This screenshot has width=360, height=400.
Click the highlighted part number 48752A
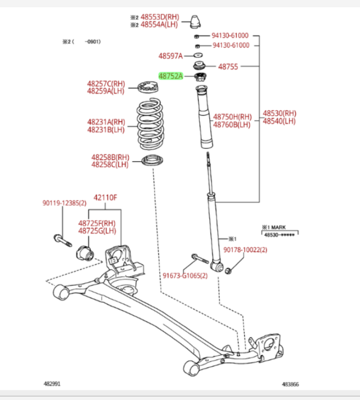[170, 75]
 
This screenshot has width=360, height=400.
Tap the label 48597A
[170, 56]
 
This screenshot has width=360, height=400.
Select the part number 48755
[228, 66]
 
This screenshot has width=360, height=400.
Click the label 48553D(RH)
[159, 17]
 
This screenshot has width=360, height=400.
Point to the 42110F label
[105, 197]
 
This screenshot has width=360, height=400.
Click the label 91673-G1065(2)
[185, 276]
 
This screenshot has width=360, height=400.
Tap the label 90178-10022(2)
[245, 249]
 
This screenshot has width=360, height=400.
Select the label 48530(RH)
[279, 113]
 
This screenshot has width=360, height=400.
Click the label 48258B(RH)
[110, 157]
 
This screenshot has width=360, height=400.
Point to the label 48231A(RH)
[106, 122]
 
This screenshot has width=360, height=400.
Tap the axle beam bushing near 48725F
[85, 252]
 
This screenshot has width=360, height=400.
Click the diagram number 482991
[53, 384]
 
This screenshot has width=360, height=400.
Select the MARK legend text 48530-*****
[280, 234]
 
